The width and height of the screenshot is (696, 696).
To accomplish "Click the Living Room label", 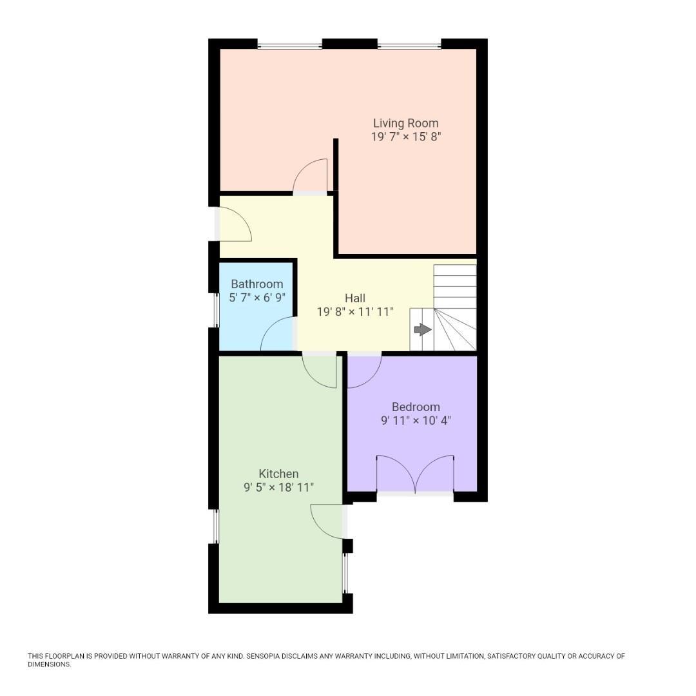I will (x=405, y=123).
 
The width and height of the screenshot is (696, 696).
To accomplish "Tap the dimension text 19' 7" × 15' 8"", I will (x=405, y=137).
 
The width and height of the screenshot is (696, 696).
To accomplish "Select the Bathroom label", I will (x=256, y=284).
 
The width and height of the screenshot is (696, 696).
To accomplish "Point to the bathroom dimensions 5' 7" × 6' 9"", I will (x=256, y=298).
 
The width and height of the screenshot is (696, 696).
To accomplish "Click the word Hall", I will (x=354, y=298).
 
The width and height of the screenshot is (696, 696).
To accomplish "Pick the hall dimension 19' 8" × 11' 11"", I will (x=354, y=312).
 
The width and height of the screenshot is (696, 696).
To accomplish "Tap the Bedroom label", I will (x=416, y=407).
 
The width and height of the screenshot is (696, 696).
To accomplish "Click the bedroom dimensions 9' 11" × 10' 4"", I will (x=416, y=421).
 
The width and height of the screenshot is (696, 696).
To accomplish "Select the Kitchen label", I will (x=278, y=474).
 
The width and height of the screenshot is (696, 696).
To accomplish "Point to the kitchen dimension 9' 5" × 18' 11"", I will (x=278, y=488).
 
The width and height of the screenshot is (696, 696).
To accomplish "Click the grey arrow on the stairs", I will (x=422, y=330).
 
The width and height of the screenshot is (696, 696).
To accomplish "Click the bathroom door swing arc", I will (x=277, y=335).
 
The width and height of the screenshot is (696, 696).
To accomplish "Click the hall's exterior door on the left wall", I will (x=233, y=224).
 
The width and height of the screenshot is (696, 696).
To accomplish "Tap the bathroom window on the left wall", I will (x=217, y=310).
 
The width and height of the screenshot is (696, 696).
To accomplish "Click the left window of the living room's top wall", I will (x=289, y=46).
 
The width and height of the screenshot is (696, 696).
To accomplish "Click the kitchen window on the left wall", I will (x=216, y=526).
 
